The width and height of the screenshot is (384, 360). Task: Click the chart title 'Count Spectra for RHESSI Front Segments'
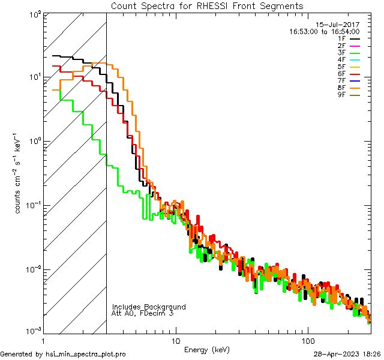tap(207, 5)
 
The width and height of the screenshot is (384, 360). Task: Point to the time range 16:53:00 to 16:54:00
tap(325, 31)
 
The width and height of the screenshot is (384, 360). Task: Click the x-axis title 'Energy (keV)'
tap(207, 349)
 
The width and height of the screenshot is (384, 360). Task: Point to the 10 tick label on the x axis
tap(175, 340)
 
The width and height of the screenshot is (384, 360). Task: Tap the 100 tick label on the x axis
tap(307, 340)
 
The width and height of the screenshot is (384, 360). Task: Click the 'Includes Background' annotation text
tap(149, 307)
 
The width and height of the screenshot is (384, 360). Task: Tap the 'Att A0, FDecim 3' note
tap(143, 313)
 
